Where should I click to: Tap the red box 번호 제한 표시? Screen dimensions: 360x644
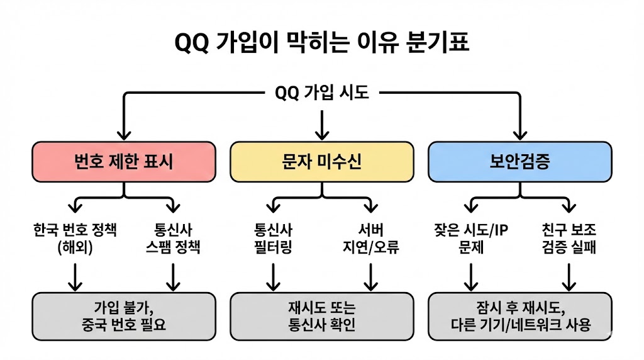[x=124, y=162]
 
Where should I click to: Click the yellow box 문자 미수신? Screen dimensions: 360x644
[x=322, y=162]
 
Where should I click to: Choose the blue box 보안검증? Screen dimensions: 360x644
[x=519, y=162]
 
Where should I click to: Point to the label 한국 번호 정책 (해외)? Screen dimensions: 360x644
[x=75, y=237]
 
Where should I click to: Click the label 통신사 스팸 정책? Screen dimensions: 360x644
[x=172, y=237]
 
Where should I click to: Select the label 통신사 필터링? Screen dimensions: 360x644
[x=273, y=237]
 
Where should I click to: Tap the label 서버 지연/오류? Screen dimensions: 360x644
[x=371, y=237]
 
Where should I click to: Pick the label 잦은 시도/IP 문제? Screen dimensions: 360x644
[x=471, y=237]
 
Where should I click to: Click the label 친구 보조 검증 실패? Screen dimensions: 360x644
[x=569, y=237]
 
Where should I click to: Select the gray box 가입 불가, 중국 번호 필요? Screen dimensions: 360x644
[x=124, y=317]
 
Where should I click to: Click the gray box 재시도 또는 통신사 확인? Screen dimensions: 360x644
[x=322, y=317]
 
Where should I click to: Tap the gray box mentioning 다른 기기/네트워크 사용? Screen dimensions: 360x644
[x=519, y=317]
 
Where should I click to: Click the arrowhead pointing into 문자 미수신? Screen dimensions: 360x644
[x=322, y=134]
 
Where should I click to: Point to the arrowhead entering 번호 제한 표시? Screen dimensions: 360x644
[x=124, y=133]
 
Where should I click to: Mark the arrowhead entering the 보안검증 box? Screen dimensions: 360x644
[x=519, y=133]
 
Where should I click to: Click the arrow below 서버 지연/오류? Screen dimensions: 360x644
[x=371, y=277]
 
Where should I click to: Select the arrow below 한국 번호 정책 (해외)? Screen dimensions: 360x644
[x=75, y=277]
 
